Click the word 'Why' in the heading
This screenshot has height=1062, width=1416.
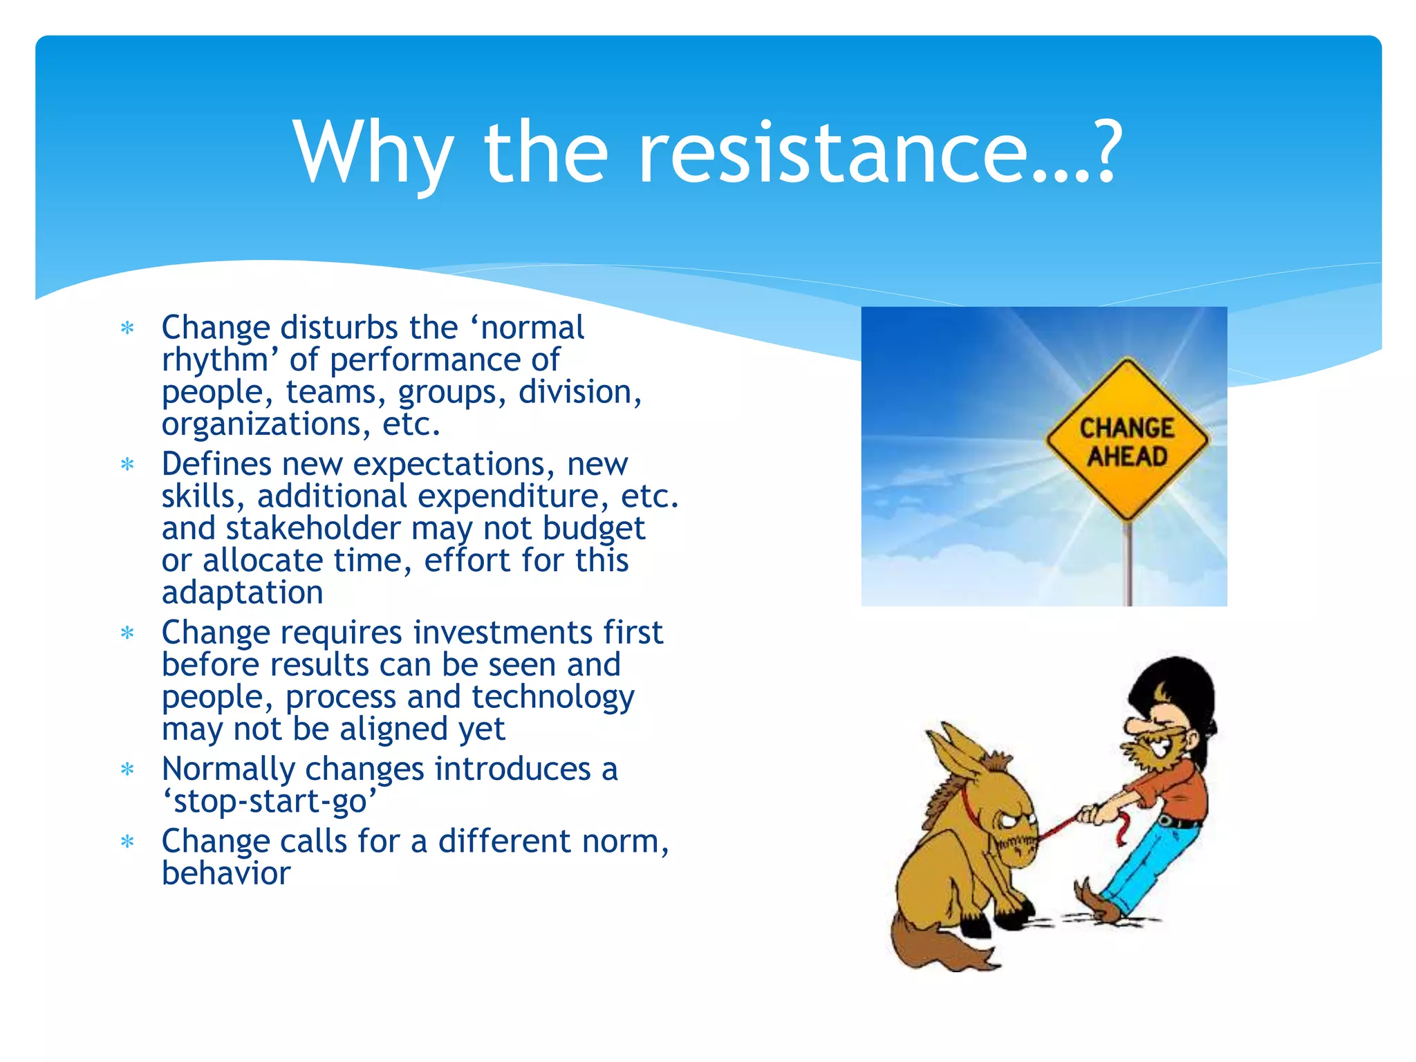(373, 153)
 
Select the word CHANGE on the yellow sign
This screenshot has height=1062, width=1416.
(1127, 428)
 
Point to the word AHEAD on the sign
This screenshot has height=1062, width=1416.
(1127, 456)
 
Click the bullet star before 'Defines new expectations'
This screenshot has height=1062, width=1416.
(127, 464)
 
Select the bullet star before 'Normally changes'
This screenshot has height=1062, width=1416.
(127, 769)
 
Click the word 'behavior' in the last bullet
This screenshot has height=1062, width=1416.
(226, 873)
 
